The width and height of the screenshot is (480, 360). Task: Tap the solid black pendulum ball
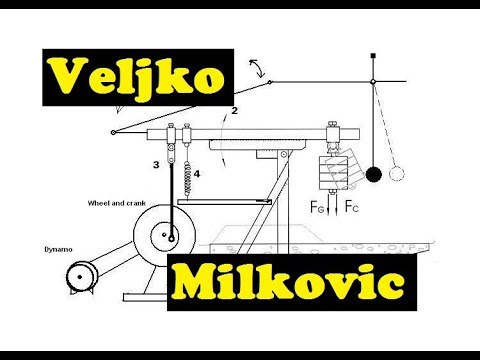tap(373, 174)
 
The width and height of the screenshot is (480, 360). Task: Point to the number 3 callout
tap(156, 163)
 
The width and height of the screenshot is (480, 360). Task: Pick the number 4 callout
tap(197, 173)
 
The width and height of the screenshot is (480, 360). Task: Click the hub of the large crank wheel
tap(172, 237)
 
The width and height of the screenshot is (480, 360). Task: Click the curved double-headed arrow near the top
tap(260, 69)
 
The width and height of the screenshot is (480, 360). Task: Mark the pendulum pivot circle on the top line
tap(372, 82)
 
